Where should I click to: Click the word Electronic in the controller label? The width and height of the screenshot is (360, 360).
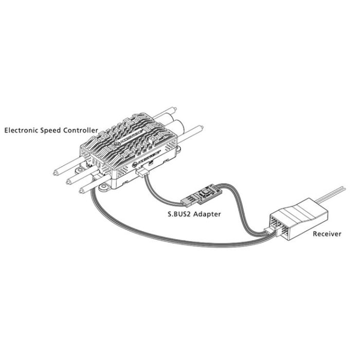pyautogui.click(x=22, y=131)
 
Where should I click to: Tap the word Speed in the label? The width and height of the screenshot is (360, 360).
pyautogui.click(x=50, y=131)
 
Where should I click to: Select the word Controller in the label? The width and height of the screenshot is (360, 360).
pyautogui.click(x=81, y=131)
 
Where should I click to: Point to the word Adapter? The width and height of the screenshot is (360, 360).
pyautogui.click(x=207, y=214)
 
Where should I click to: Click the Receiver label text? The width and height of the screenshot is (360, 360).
pyautogui.click(x=327, y=234)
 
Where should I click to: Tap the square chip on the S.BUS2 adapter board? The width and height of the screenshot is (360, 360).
pyautogui.click(x=206, y=191)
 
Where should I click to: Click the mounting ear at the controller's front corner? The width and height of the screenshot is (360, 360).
pyautogui.click(x=104, y=187)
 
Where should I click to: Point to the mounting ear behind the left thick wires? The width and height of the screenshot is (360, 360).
pyautogui.click(x=80, y=170)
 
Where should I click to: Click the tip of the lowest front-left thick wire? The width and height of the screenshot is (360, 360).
pyautogui.click(x=80, y=191)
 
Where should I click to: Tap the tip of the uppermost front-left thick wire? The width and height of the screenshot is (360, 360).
pyautogui.click(x=55, y=173)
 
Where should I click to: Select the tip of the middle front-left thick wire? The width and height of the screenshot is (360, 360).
pyautogui.click(x=67, y=183)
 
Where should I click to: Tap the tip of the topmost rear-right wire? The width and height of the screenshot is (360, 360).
pyautogui.click(x=175, y=109)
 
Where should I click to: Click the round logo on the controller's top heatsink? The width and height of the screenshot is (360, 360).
pyautogui.click(x=117, y=144)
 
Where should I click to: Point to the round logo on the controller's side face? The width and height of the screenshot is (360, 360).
pyautogui.click(x=135, y=164)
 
